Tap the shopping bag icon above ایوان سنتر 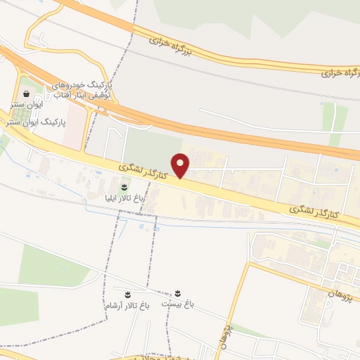[26, 94]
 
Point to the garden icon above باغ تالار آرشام [127, 294]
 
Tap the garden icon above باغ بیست [177, 293]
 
